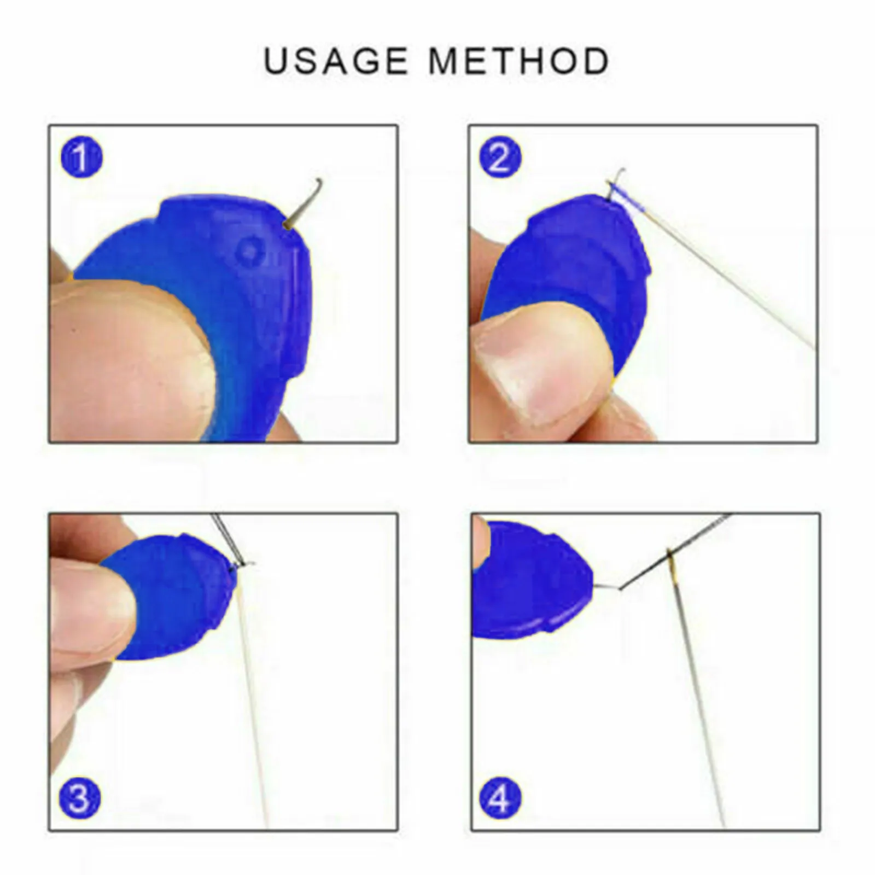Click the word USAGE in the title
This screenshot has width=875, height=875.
point(336,61)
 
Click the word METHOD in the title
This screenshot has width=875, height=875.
point(519,61)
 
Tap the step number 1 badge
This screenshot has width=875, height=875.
point(81,158)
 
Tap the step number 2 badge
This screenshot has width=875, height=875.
point(500,158)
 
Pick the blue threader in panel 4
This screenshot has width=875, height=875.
point(530,580)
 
